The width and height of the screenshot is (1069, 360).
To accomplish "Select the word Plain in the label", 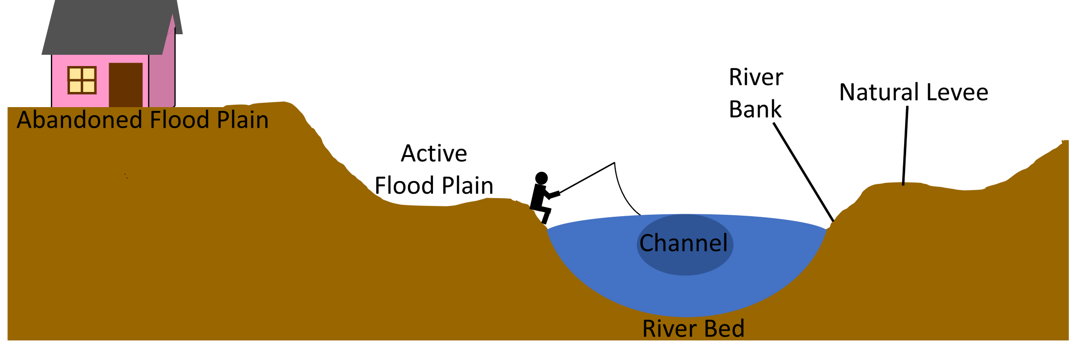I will pyautogui.click(x=243, y=120).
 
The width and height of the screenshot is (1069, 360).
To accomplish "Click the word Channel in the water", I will pyautogui.click(x=683, y=243).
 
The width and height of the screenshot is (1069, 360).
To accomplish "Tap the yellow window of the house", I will pyautogui.click(x=82, y=80).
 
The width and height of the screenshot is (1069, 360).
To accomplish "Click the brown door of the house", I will pyautogui.click(x=126, y=84).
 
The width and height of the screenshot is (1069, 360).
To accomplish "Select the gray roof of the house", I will pyautogui.click(x=108, y=27).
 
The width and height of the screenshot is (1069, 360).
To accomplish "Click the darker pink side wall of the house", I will pyautogui.click(x=161, y=78).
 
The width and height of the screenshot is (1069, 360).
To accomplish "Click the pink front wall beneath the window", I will pyautogui.click(x=81, y=100).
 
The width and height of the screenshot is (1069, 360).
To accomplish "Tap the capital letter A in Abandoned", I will pyautogui.click(x=25, y=120).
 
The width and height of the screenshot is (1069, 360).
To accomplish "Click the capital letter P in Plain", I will pyautogui.click(x=224, y=120).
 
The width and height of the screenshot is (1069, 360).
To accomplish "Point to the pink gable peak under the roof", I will pyautogui.click(x=172, y=24).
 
